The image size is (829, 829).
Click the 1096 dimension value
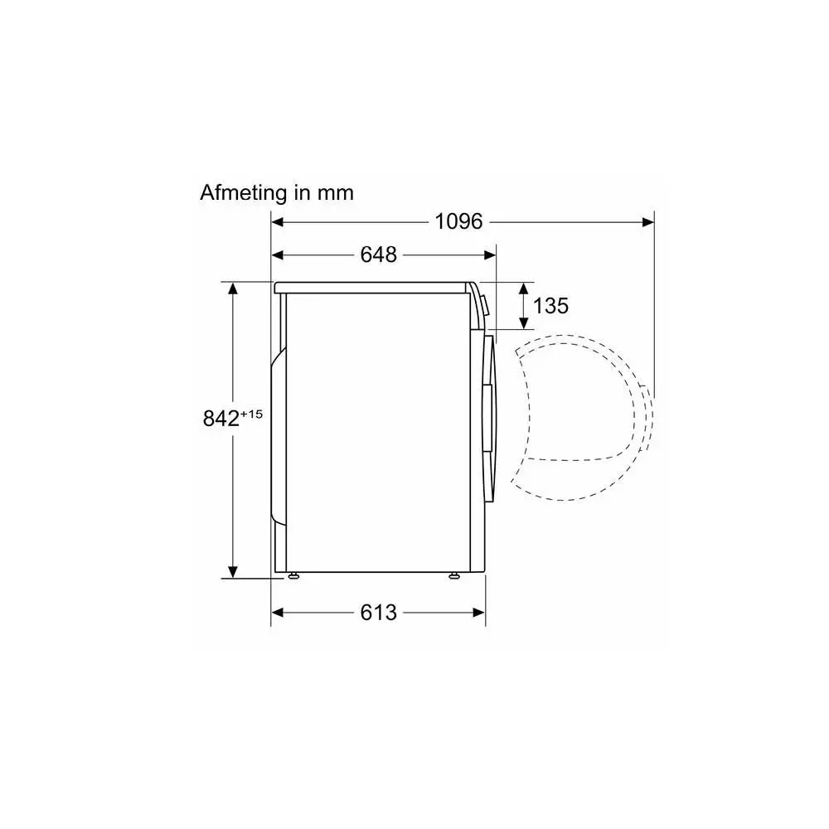[x=458, y=221]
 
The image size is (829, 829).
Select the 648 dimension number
[x=379, y=255]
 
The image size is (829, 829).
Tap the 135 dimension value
[x=550, y=306]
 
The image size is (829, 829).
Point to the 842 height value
[x=221, y=419]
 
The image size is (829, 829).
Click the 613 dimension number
[x=379, y=613]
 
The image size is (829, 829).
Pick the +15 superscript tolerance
[x=251, y=414]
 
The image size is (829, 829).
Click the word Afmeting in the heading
[x=245, y=193]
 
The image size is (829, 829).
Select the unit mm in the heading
[x=335, y=194]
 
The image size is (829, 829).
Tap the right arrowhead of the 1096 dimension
[x=648, y=222]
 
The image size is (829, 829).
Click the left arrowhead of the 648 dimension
[x=278, y=255]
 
